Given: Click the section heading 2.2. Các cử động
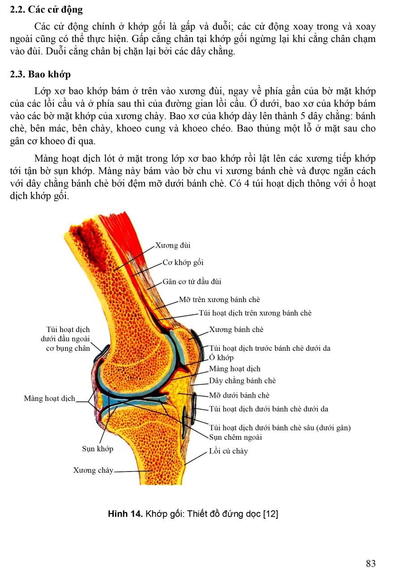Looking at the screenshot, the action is click(x=46, y=10).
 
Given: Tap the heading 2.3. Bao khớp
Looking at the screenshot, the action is click(x=40, y=74).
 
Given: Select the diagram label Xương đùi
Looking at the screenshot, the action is click(x=173, y=245).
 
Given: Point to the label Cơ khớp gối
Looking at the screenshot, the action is click(x=183, y=262).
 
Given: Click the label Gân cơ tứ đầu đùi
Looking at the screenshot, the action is click(x=192, y=282).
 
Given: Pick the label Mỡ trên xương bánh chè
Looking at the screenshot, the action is click(x=219, y=299).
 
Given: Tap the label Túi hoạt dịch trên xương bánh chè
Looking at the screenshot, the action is click(x=255, y=313).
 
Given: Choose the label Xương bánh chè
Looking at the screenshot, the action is click(x=236, y=329).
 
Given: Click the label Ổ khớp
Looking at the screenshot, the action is click(x=222, y=357).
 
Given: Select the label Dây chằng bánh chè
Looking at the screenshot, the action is click(x=243, y=381).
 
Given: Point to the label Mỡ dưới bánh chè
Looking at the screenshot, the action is click(x=239, y=395).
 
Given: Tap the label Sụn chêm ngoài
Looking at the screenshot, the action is click(x=235, y=437).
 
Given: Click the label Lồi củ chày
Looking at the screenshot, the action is click(x=228, y=451).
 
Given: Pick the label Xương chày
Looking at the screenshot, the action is click(x=93, y=470).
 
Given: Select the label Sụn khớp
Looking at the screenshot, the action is click(x=98, y=449).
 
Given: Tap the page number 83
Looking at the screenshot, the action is click(x=371, y=563).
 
